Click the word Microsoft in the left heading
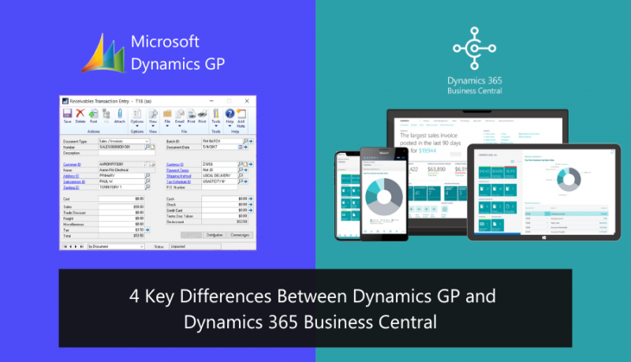pos(165,42)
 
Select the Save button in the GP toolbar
pos(67,117)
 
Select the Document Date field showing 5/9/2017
pos(211,147)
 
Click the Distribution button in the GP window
pos(215,235)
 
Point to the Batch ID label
pos(174,140)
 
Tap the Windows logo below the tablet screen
pos(543,237)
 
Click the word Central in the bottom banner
pos(416,322)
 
